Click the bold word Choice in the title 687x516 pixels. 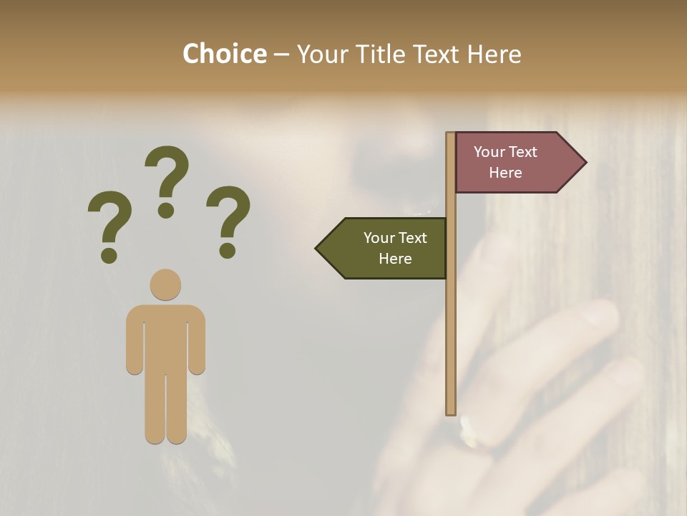click(x=224, y=54)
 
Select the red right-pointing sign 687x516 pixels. click(x=512, y=163)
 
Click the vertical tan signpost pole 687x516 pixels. click(x=451, y=322)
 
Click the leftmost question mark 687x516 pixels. click(x=109, y=222)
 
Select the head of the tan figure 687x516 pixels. click(x=165, y=285)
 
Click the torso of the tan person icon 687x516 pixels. click(x=165, y=337)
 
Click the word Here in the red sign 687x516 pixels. click(x=505, y=173)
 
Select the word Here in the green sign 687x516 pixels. click(x=395, y=259)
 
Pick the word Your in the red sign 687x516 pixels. click(x=489, y=152)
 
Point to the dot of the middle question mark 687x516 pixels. click(x=166, y=210)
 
